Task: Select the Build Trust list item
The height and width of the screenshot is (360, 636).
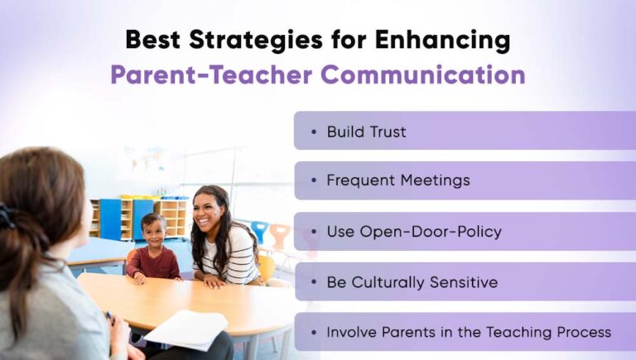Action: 366,132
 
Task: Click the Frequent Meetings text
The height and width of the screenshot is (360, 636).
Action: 397,180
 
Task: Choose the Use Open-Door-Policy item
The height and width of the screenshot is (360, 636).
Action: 414,232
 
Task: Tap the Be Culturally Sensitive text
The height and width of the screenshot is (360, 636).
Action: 412,282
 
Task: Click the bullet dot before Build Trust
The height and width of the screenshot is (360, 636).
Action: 313,132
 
